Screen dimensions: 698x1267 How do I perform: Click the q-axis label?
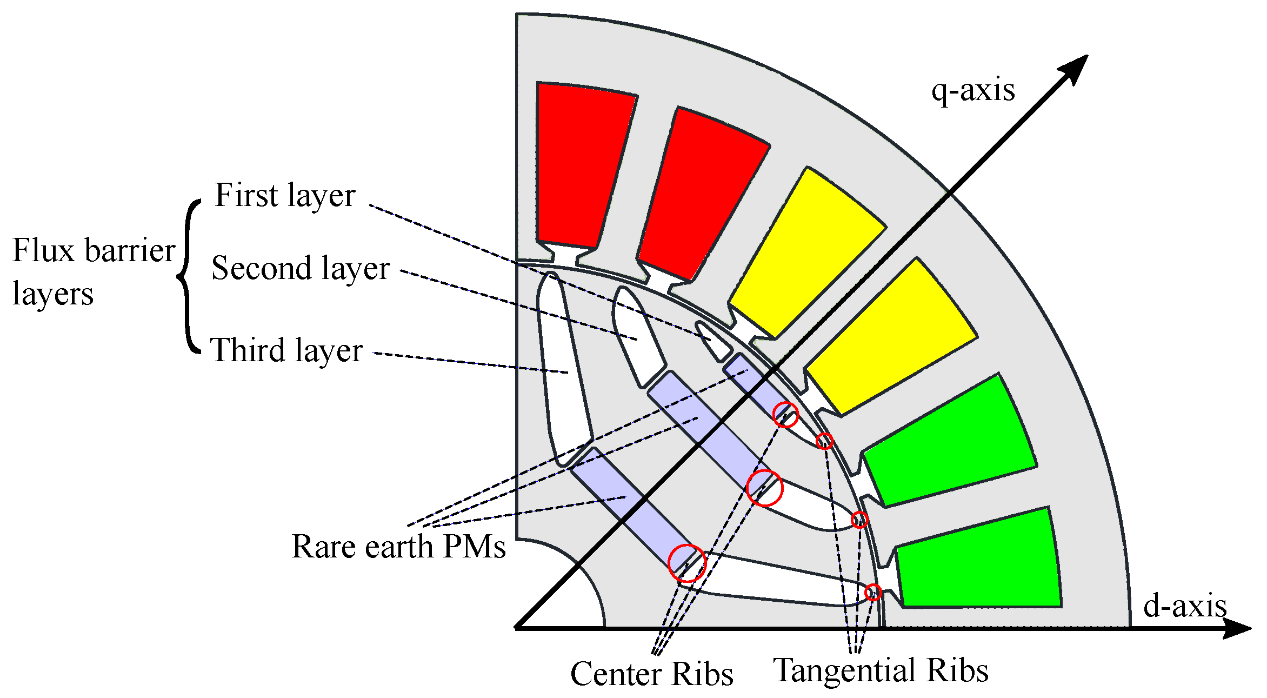click(x=972, y=90)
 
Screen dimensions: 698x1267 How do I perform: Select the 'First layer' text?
click(x=285, y=195)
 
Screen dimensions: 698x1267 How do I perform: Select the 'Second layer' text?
click(x=301, y=268)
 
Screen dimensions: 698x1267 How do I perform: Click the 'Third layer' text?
click(x=286, y=350)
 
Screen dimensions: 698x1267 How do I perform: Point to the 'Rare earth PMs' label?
click(x=398, y=547)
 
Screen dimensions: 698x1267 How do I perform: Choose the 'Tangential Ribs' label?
click(x=881, y=670)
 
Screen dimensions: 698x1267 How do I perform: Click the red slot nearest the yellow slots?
click(x=700, y=195)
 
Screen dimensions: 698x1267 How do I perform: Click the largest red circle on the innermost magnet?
click(x=687, y=563)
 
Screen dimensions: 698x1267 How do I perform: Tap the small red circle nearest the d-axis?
click(x=872, y=593)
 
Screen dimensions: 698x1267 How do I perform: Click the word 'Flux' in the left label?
click(x=43, y=251)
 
